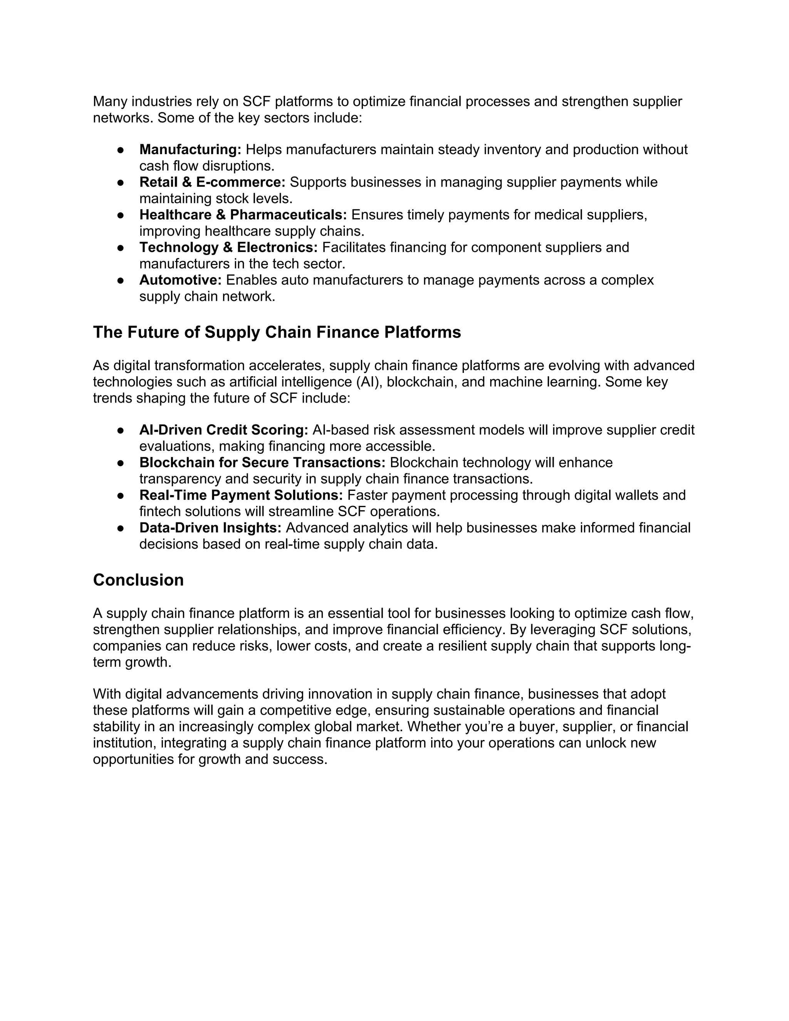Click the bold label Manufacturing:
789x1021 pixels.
pyautogui.click(x=190, y=149)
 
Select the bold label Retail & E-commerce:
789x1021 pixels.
pyautogui.click(x=212, y=182)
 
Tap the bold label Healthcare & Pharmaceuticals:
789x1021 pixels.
pyautogui.click(x=243, y=215)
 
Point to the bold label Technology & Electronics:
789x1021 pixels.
pyautogui.click(x=228, y=247)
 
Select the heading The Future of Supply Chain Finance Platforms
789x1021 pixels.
pyautogui.click(x=277, y=332)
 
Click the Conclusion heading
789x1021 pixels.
pyautogui.click(x=138, y=580)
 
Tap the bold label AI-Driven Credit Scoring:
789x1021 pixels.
pyautogui.click(x=223, y=430)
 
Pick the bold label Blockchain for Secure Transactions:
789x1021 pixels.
pyautogui.click(x=262, y=462)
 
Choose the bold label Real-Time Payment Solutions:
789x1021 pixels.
pyautogui.click(x=241, y=495)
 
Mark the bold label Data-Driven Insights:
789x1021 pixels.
pyautogui.click(x=210, y=528)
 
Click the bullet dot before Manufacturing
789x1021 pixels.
pyautogui.click(x=120, y=150)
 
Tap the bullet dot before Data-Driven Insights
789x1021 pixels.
pyautogui.click(x=120, y=528)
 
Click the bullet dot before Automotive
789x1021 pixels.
pyautogui.click(x=120, y=280)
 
